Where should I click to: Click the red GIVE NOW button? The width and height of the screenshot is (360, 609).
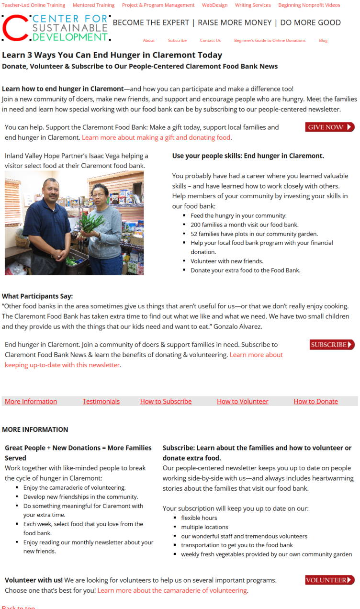(x=329, y=127)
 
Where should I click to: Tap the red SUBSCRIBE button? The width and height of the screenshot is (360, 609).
(x=332, y=345)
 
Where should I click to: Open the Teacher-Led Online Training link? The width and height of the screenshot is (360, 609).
(x=34, y=5)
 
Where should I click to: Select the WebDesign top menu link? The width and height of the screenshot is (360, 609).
(x=214, y=5)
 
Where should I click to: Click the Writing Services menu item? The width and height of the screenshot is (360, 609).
(x=253, y=5)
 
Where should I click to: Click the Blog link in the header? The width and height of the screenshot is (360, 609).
(x=323, y=41)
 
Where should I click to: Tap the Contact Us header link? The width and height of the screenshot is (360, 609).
(x=210, y=41)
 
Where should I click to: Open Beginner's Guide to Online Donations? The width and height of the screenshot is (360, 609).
(x=270, y=41)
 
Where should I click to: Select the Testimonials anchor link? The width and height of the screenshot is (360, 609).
(x=101, y=402)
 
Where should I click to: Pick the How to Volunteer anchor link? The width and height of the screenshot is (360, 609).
(x=243, y=402)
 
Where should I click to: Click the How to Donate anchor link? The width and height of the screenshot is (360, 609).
(x=316, y=402)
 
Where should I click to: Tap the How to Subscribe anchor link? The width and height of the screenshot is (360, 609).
(x=166, y=402)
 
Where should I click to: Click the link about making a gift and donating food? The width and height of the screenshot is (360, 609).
(x=157, y=138)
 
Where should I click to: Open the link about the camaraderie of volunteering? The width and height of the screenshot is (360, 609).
(x=172, y=590)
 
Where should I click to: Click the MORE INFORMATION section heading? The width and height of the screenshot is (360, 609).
(x=35, y=429)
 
